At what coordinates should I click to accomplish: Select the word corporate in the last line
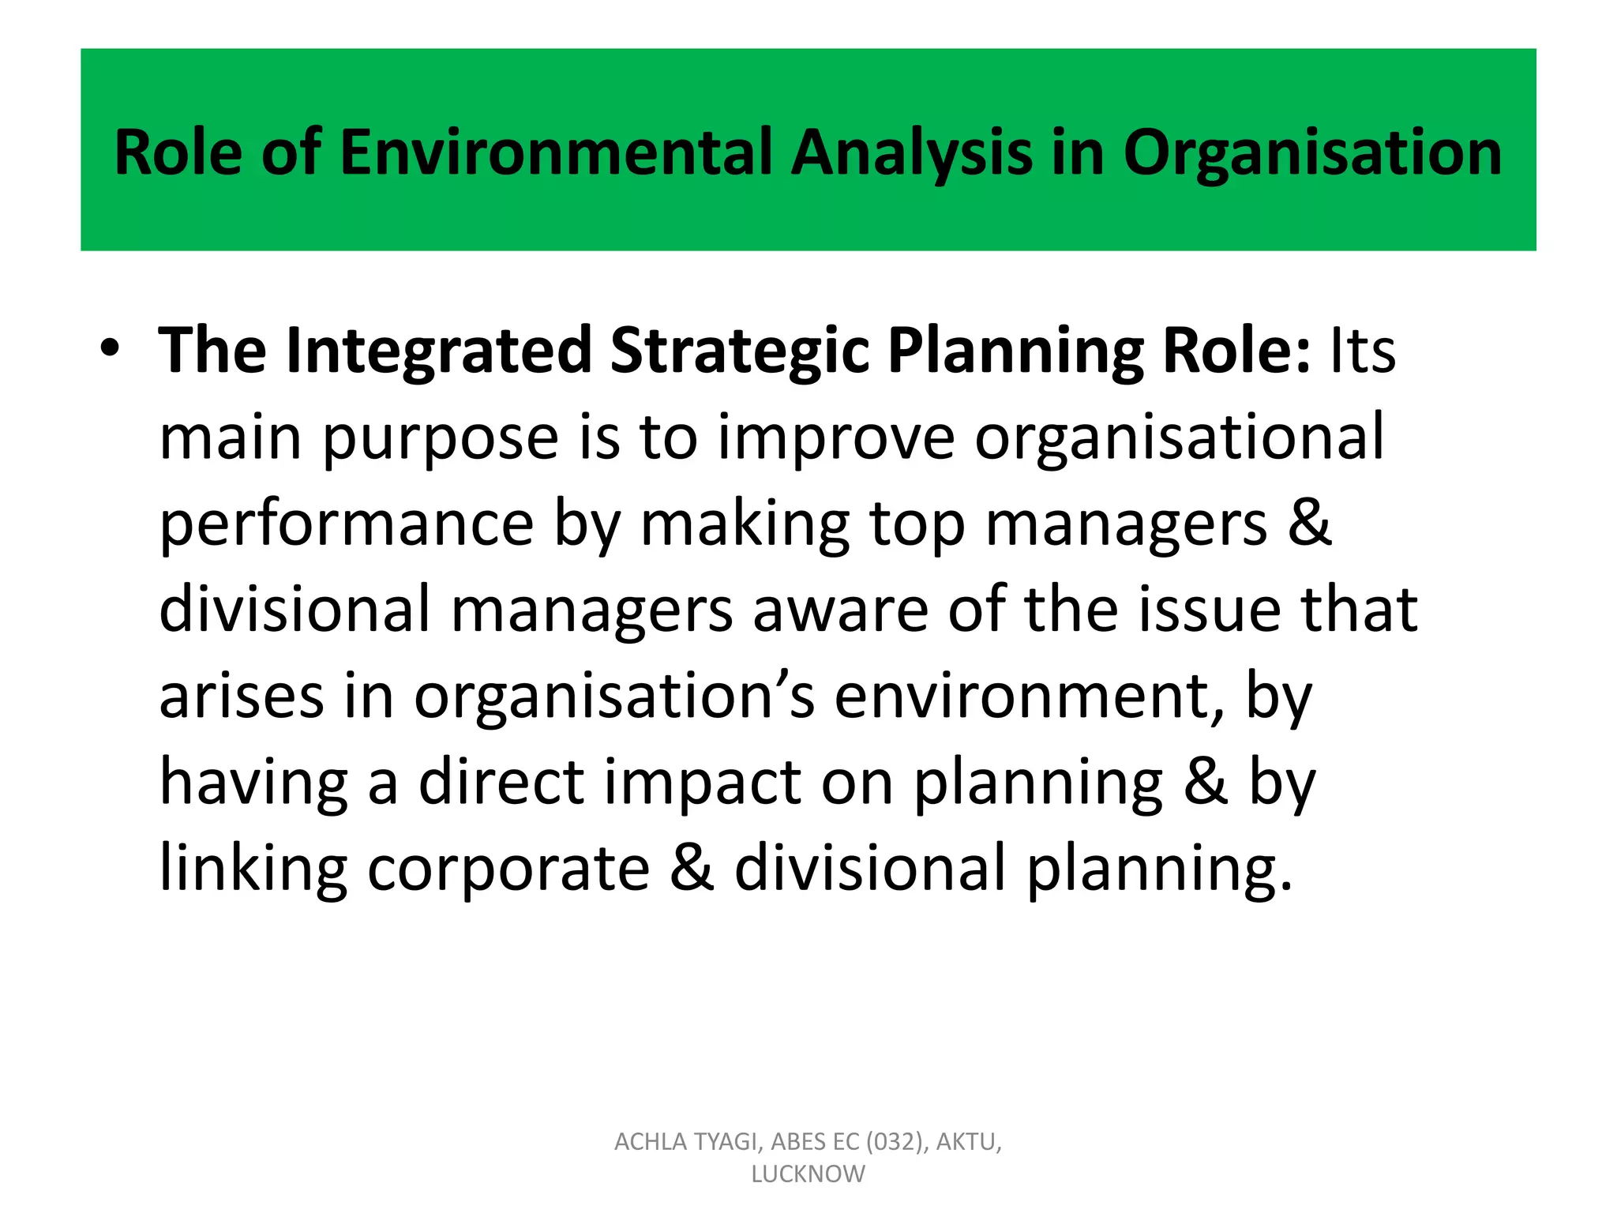[508, 868]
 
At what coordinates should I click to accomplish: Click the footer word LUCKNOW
[808, 1174]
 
